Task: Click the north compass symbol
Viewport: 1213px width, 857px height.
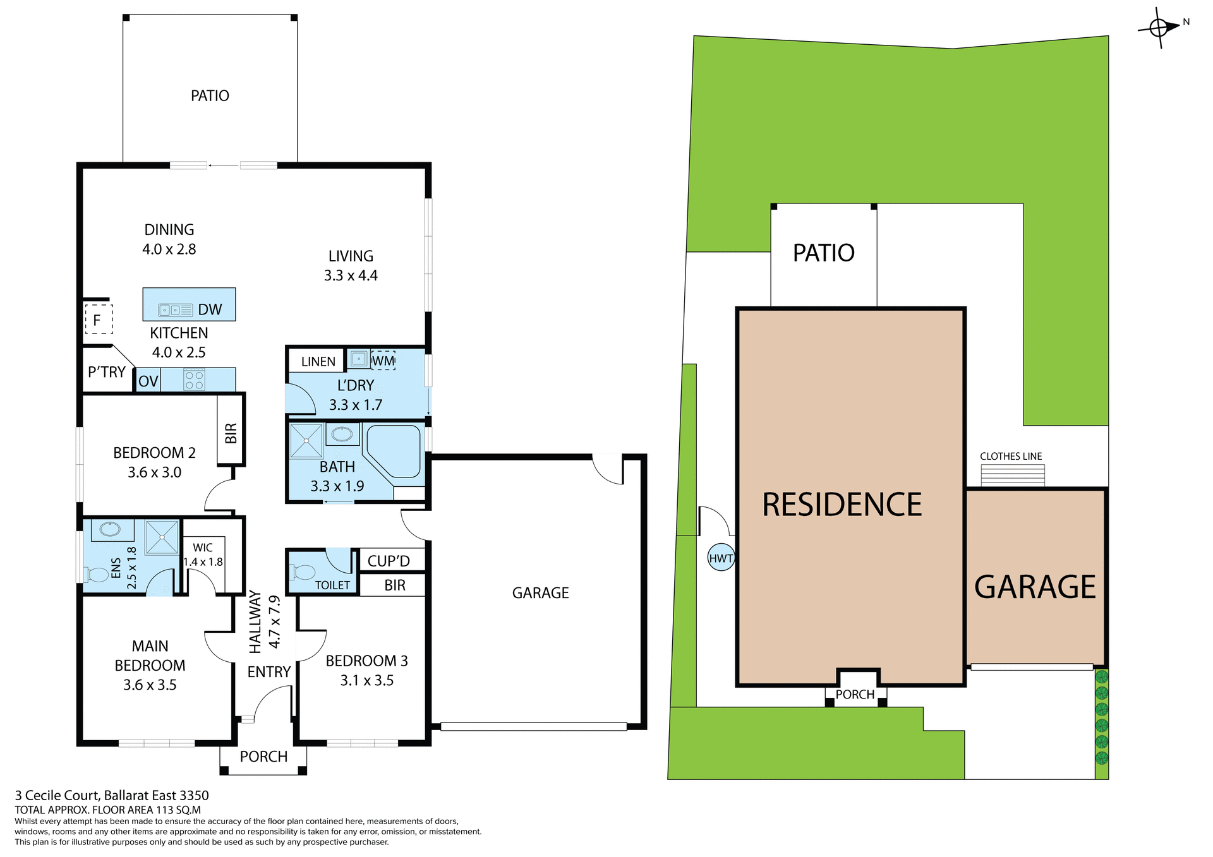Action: (x=1159, y=27)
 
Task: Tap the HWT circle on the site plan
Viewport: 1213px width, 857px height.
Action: (x=721, y=558)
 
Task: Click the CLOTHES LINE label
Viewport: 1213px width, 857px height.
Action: (x=1011, y=456)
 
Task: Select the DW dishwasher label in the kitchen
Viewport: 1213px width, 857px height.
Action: (x=210, y=309)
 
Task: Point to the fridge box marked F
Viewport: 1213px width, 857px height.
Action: (x=98, y=320)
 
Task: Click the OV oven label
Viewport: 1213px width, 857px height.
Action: (x=148, y=381)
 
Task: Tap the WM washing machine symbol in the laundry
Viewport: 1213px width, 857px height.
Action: (x=383, y=361)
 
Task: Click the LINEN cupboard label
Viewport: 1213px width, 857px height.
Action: (x=318, y=362)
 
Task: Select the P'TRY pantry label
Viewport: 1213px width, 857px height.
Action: (x=107, y=372)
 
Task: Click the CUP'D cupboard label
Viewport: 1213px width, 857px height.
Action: (x=389, y=561)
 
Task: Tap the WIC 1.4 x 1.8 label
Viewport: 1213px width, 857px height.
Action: (x=203, y=554)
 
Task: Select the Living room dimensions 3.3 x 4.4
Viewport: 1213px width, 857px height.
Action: (x=351, y=275)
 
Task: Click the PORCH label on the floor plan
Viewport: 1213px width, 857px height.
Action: (x=263, y=757)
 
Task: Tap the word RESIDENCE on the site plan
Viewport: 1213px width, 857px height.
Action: (x=842, y=505)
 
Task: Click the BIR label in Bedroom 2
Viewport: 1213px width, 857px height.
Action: (x=231, y=433)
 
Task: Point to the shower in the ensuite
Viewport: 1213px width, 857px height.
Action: (x=162, y=537)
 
